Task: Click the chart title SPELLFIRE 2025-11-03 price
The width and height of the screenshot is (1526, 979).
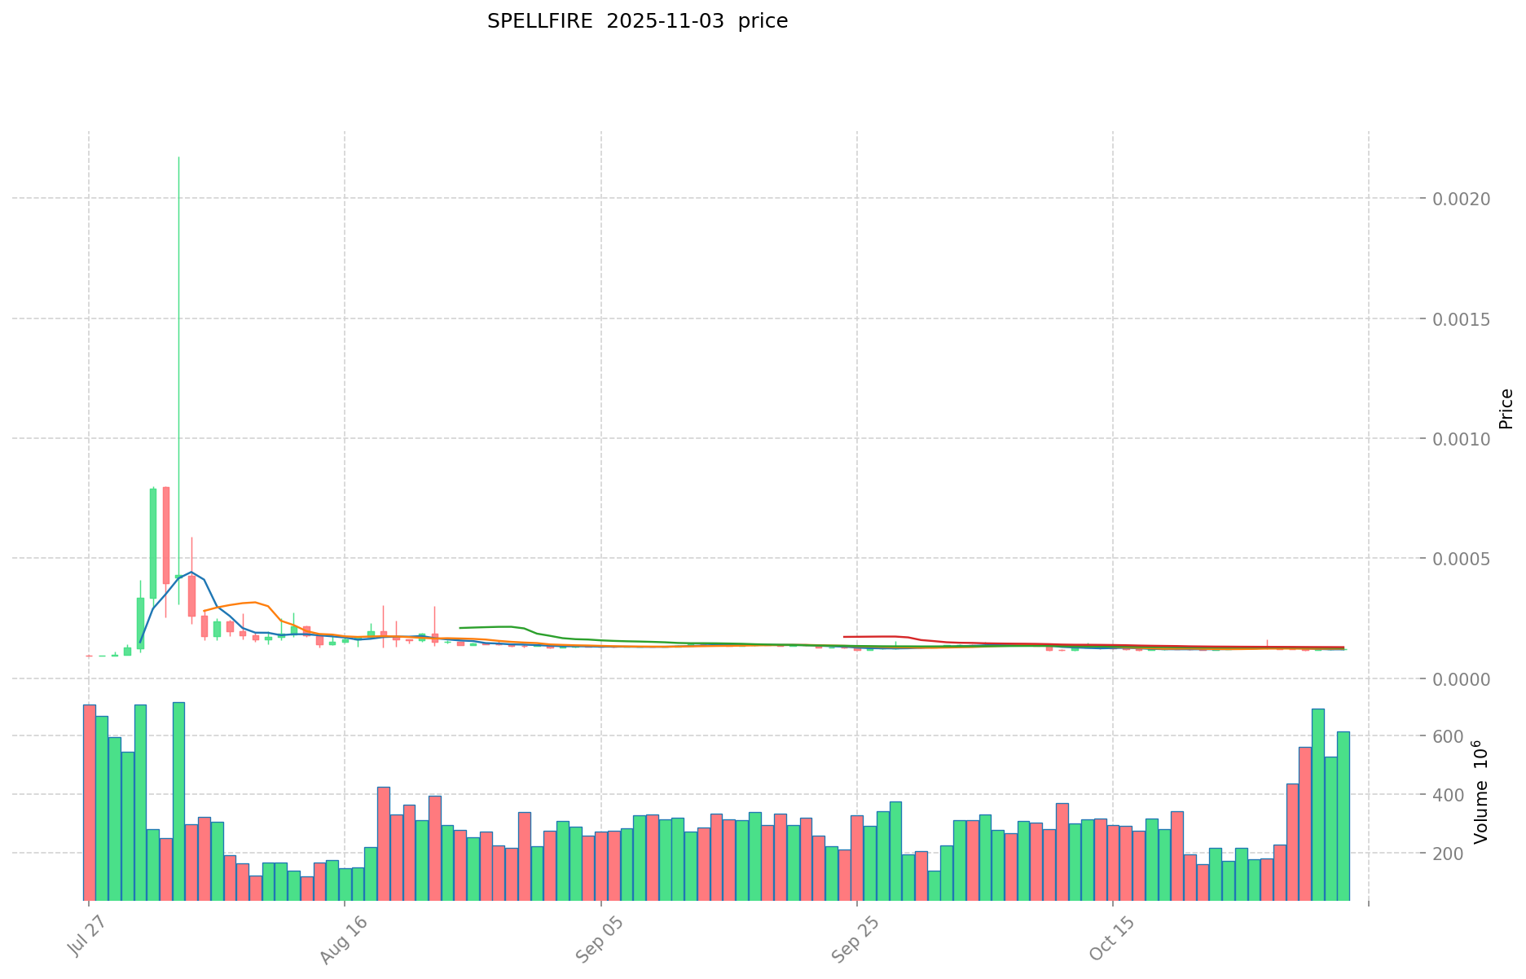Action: point(637,22)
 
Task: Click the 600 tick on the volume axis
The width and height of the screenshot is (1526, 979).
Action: point(1448,736)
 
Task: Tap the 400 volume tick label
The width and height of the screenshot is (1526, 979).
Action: point(1448,795)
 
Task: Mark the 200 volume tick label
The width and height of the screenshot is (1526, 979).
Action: point(1448,854)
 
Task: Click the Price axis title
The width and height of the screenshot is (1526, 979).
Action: point(1506,409)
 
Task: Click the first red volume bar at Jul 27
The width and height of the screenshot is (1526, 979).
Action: point(89,802)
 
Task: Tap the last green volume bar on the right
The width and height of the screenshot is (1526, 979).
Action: point(1343,815)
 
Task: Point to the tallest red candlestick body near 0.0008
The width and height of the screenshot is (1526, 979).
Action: point(166,535)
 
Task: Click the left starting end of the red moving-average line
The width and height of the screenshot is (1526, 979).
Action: point(845,637)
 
